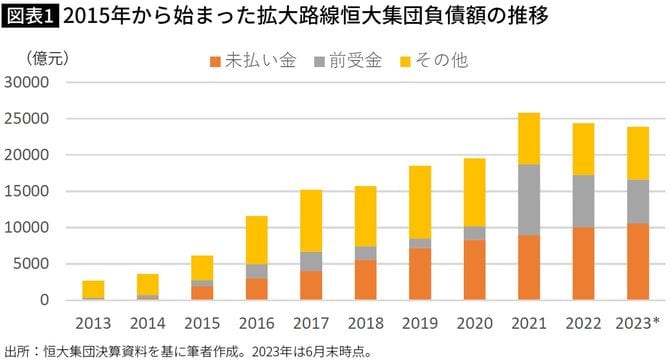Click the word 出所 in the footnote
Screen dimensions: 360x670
17,351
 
